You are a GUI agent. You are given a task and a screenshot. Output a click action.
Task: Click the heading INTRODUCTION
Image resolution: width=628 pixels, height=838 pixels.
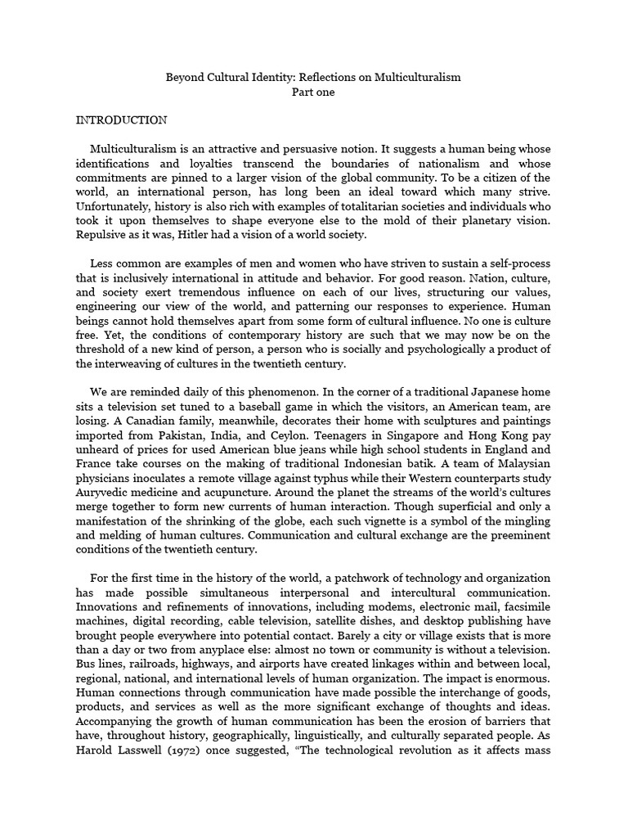pos(122,120)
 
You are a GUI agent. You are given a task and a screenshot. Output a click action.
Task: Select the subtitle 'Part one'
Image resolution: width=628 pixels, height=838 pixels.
pos(314,92)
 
